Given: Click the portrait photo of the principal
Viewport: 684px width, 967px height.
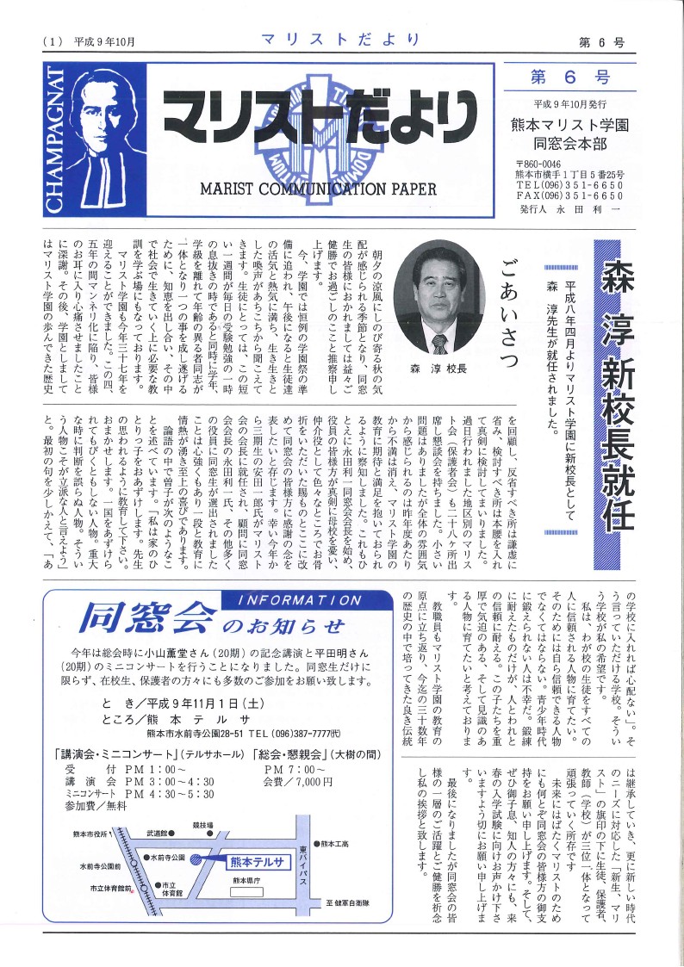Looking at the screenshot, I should pos(439,297).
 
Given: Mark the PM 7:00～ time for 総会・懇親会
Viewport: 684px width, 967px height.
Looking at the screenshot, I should pos(295,768).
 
